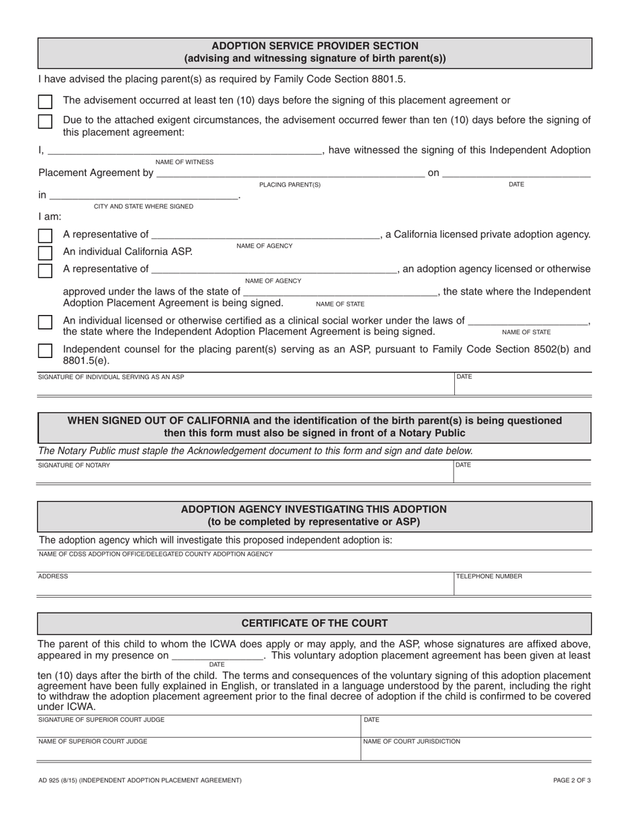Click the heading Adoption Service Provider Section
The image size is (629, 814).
(x=314, y=46)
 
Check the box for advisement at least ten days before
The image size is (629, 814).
(x=45, y=102)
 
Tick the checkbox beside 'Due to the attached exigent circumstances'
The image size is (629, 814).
(x=45, y=121)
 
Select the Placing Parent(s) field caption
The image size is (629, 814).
(x=290, y=185)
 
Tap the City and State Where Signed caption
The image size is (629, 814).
(x=144, y=206)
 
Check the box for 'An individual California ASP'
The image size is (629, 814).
(x=45, y=253)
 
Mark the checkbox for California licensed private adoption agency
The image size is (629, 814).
(x=45, y=236)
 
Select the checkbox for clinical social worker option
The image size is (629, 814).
(x=45, y=322)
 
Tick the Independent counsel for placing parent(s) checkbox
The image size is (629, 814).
(x=45, y=350)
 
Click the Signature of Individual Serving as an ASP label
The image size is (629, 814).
(x=111, y=377)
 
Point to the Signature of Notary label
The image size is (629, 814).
(x=74, y=465)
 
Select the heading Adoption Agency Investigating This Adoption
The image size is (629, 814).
(x=314, y=509)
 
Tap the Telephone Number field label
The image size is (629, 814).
(x=489, y=576)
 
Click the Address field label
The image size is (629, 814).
(x=53, y=576)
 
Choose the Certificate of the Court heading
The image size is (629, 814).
(x=314, y=623)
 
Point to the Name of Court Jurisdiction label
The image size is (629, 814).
(x=412, y=741)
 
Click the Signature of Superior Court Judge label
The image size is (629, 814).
(x=102, y=719)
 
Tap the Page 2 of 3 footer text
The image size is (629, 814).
(x=572, y=780)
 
